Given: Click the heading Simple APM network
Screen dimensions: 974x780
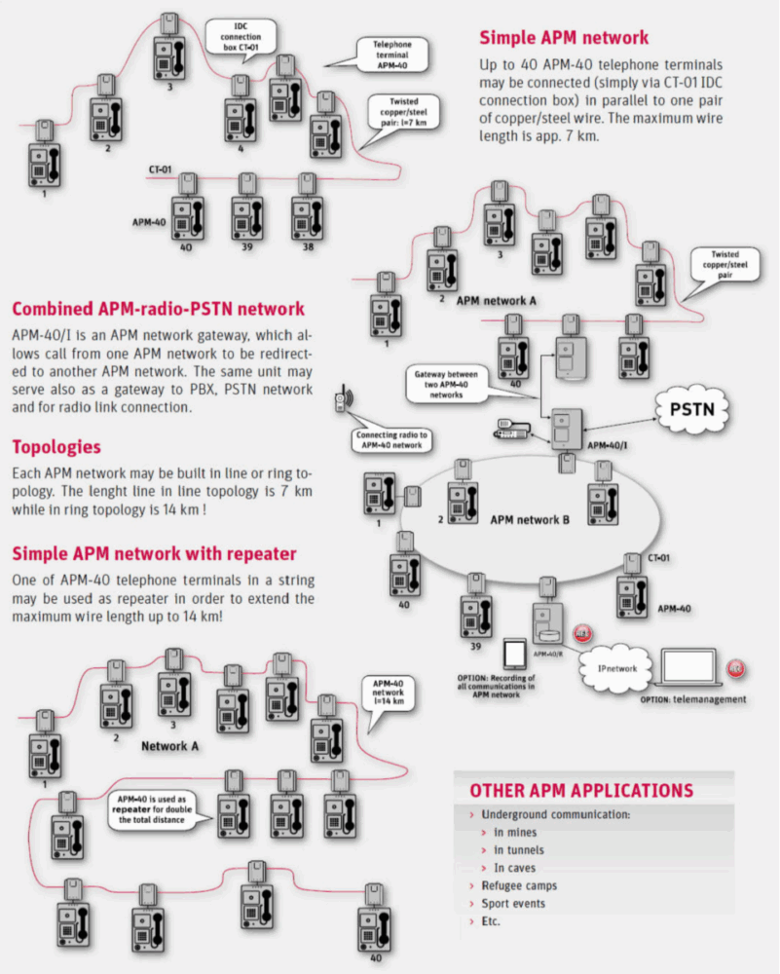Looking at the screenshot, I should [563, 39].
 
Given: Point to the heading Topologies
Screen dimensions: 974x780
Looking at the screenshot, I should [55, 447].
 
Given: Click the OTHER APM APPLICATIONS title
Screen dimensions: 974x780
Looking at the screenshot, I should [581, 790].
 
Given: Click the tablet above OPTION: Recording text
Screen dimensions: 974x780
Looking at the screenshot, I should [515, 653].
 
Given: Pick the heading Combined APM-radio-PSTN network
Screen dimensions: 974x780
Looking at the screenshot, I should [158, 310].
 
